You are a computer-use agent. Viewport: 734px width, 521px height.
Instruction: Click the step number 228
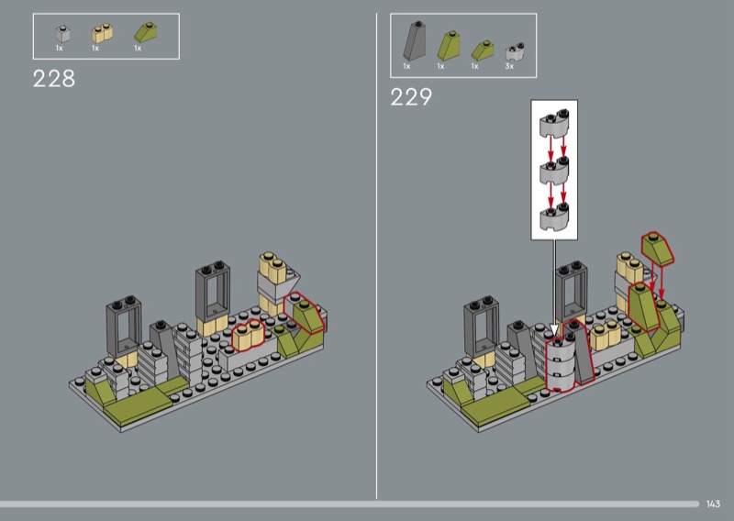tap(54, 79)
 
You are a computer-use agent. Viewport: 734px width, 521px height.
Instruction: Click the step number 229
tap(411, 97)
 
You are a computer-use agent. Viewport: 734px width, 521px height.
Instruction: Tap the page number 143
tap(713, 504)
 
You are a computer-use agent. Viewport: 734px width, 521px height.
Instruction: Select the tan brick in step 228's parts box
tap(102, 33)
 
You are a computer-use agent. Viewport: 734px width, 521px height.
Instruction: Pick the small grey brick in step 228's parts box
tap(62, 34)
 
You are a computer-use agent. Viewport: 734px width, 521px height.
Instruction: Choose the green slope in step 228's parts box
tap(146, 33)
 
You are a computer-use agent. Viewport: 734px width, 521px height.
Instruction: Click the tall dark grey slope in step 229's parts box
tap(415, 40)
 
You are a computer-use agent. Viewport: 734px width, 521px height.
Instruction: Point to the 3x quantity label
tap(509, 66)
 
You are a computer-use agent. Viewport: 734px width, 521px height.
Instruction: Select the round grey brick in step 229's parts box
tap(515, 52)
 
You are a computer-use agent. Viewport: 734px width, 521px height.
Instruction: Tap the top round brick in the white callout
tap(554, 123)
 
